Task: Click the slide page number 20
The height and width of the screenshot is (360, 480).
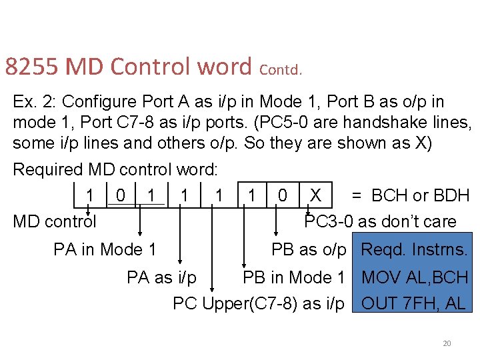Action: [447, 343]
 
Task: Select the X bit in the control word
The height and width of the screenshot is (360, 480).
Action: [315, 195]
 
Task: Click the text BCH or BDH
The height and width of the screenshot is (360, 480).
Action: [421, 195]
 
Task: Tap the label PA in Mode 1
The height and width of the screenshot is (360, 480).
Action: [105, 249]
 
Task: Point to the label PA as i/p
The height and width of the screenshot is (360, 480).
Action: [161, 277]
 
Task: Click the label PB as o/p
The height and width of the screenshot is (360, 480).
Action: [309, 249]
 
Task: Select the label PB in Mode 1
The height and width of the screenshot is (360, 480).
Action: [293, 277]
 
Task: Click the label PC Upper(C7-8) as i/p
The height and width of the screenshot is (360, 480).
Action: [258, 303]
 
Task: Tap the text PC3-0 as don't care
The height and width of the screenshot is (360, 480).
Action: [380, 221]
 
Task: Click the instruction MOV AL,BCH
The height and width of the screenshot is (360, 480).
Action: [414, 277]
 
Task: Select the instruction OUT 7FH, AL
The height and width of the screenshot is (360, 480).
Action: [413, 303]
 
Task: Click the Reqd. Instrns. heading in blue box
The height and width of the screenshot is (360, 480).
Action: [414, 249]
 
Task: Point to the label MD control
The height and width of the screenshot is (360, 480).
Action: [55, 221]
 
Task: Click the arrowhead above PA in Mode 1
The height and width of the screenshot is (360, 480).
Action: [140, 233]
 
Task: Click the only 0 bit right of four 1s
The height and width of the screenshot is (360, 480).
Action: [283, 195]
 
